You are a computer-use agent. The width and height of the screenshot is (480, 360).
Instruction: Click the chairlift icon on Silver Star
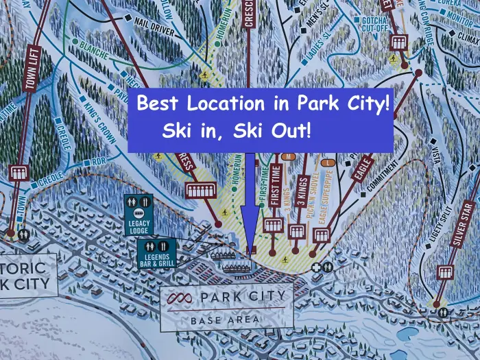446,272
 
